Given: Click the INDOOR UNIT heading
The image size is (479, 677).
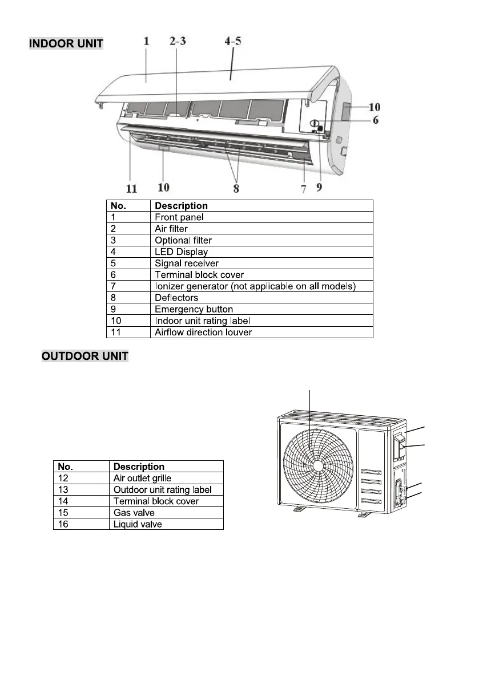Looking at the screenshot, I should pyautogui.click(x=66, y=44).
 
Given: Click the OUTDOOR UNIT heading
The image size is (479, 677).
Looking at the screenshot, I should pyautogui.click(x=85, y=356).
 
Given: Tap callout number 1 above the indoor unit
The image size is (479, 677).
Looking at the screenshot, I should pyautogui.click(x=147, y=41).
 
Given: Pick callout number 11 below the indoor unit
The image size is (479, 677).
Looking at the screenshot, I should pyautogui.click(x=131, y=188).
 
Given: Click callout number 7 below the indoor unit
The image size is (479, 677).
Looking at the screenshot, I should pyautogui.click(x=304, y=188).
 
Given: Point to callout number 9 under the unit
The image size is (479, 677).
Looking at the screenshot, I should pyautogui.click(x=319, y=187).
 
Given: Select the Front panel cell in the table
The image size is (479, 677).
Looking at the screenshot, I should pyautogui.click(x=180, y=217).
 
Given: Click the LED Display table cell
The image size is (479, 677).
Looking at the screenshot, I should pyautogui.click(x=182, y=252).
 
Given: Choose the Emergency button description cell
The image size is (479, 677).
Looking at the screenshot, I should pyautogui.click(x=194, y=309).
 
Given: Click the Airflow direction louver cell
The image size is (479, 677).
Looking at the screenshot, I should pyautogui.click(x=203, y=332).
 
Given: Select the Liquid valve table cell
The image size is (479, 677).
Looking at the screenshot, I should pyautogui.click(x=138, y=524).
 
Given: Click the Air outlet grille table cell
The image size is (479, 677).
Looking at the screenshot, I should pyautogui.click(x=142, y=478).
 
